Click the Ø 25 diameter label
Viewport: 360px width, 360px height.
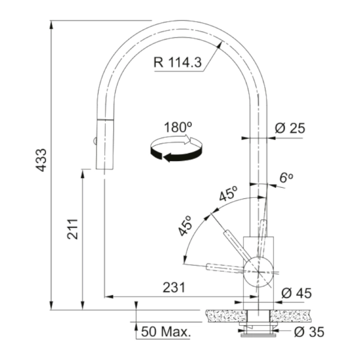(x=289, y=129)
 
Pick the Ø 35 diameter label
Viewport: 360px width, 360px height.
(x=308, y=332)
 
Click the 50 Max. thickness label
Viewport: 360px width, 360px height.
(x=166, y=332)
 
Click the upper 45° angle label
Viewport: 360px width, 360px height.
(x=228, y=194)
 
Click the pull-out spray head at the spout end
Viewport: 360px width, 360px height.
(x=103, y=144)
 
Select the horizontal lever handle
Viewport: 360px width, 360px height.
(x=226, y=268)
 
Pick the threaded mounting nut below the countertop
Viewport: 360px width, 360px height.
(x=259, y=329)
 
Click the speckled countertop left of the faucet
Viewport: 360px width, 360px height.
(x=224, y=315)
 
